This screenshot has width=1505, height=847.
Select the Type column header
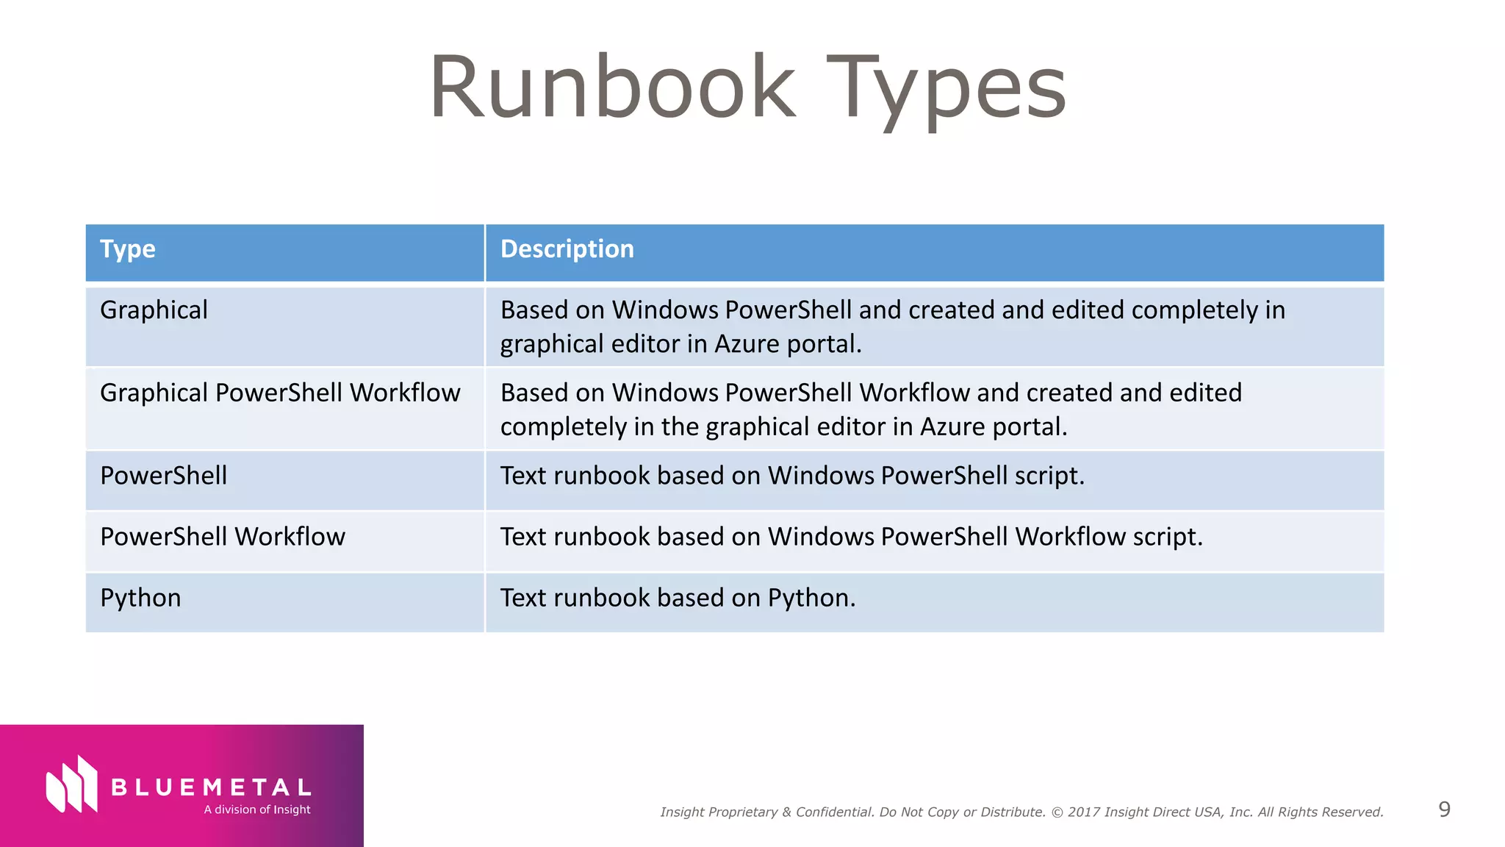coord(128,249)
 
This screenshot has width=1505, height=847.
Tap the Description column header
coord(567,249)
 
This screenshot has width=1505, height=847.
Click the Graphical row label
coord(154,310)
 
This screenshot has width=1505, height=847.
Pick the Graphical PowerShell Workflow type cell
coord(280,393)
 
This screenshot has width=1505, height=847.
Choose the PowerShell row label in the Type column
coord(163,476)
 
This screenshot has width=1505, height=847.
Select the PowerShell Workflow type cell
coord(222,537)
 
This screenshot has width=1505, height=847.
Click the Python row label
coord(140,598)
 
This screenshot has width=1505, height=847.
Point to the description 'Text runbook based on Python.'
coord(678,598)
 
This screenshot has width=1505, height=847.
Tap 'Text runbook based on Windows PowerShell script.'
coord(792,476)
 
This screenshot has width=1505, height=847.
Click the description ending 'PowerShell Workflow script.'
coord(851,537)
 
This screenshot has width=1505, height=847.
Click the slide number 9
coord(1444,810)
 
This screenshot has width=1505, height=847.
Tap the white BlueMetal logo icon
coord(71,785)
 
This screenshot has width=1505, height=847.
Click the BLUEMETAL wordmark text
coord(212,788)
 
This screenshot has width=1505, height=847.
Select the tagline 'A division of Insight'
coord(257,810)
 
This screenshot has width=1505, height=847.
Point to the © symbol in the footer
coord(1057,812)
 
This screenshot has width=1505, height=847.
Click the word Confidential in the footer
coord(835,812)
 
